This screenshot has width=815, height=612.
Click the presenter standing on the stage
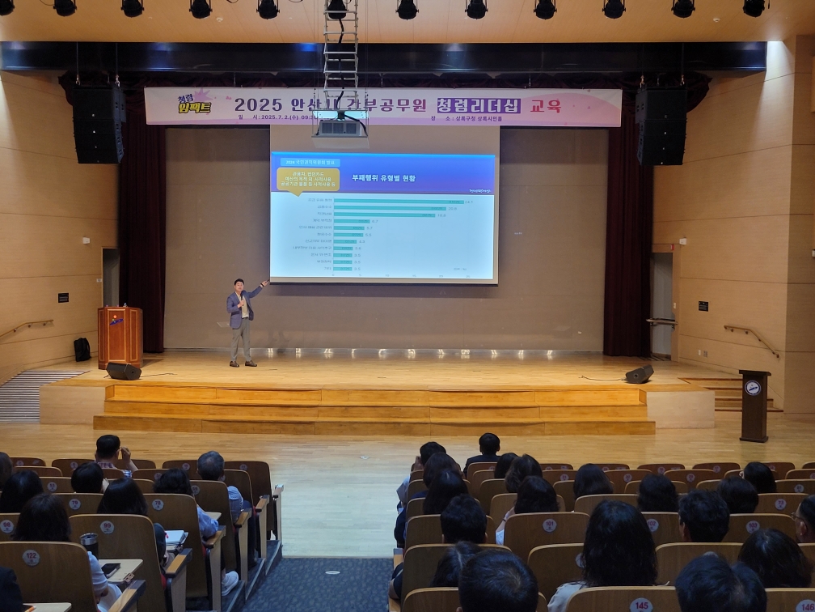(241, 321)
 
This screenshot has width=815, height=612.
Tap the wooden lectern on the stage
(120, 335)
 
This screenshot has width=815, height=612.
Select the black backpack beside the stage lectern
(82, 349)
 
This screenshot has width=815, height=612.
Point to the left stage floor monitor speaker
(123, 371)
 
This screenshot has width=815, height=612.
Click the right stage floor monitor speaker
(640, 374)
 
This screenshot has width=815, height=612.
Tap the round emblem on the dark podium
(753, 388)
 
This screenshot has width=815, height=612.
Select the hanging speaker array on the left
(99, 124)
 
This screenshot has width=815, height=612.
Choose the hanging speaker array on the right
(661, 126)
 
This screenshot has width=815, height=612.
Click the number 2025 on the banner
(258, 105)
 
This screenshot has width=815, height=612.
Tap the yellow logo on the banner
(193, 103)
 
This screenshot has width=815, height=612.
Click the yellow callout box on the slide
(307, 178)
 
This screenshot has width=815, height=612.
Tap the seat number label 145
(641, 605)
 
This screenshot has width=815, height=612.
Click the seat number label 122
(31, 557)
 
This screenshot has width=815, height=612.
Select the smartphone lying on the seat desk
(111, 568)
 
